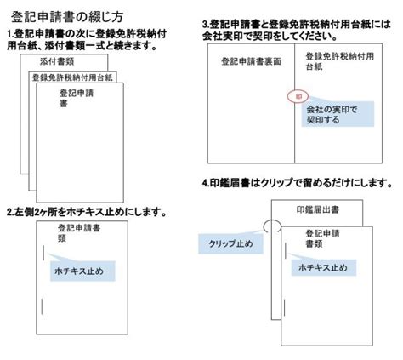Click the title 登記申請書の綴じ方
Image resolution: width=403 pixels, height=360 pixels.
point(67,17)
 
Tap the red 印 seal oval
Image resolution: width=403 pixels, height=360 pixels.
point(298,96)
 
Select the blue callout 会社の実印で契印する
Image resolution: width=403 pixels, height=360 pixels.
point(338,114)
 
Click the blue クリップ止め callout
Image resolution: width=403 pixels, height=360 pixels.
point(230,243)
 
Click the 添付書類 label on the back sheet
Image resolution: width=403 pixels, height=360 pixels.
point(57,61)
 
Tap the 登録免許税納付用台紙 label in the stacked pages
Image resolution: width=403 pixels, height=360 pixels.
point(72,77)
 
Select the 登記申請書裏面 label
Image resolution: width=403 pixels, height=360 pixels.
point(251,61)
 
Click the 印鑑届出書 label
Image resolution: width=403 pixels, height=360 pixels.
point(318,209)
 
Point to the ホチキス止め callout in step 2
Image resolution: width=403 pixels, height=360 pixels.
point(82,271)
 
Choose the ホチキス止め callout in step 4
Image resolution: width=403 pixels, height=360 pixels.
point(324,267)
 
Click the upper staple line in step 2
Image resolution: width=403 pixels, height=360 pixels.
point(43,253)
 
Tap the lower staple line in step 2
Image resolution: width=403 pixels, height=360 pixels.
point(42,306)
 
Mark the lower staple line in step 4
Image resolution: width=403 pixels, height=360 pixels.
point(284,307)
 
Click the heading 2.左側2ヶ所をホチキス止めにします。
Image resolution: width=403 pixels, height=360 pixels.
point(87,212)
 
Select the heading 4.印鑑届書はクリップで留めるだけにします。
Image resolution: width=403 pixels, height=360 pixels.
point(298,183)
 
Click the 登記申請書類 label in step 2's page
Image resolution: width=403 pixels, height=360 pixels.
point(79,233)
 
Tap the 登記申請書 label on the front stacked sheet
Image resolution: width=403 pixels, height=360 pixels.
point(77,98)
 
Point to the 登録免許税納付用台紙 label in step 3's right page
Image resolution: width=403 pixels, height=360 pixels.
point(340,61)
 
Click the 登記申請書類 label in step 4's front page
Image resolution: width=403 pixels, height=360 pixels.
point(322,238)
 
